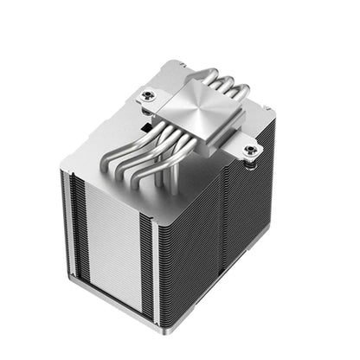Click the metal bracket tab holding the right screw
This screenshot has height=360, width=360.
point(251,154)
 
